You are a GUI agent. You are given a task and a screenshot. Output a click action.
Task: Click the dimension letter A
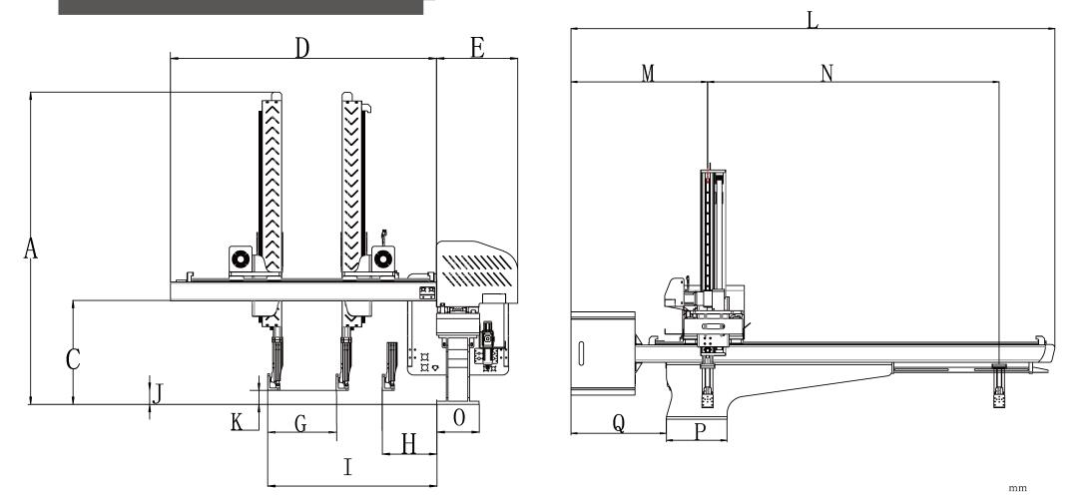(x=32, y=250)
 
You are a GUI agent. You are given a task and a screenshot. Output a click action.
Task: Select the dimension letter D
(x=301, y=49)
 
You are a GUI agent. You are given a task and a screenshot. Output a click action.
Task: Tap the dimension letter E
(x=477, y=49)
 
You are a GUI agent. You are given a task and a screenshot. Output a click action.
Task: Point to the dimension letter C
(x=72, y=360)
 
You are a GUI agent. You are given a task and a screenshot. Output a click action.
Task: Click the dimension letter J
(x=156, y=392)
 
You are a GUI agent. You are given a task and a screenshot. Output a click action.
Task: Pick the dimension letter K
(x=237, y=422)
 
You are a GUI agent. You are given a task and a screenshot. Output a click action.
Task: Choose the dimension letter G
(x=300, y=423)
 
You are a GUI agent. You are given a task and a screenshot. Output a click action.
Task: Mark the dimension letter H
(x=407, y=444)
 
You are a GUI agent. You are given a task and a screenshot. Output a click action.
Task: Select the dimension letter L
(x=813, y=19)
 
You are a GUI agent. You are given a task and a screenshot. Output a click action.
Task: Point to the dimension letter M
(x=648, y=74)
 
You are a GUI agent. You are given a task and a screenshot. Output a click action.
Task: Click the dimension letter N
(x=825, y=74)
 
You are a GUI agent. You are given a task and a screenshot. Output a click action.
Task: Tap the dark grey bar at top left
(x=241, y=7)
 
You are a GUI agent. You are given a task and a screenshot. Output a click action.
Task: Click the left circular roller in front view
(x=240, y=259)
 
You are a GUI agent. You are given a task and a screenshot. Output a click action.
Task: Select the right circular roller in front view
(x=382, y=259)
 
